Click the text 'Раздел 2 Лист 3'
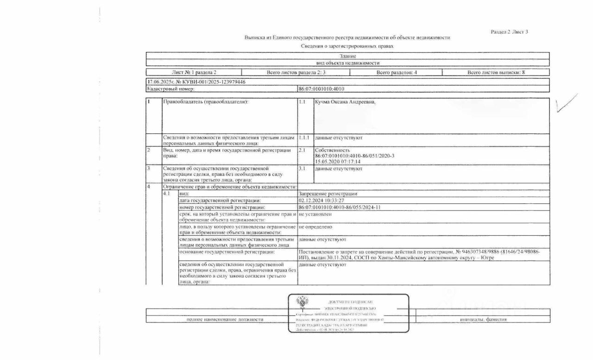(509, 32)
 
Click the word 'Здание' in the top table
(347, 56)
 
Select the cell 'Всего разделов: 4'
(397, 72)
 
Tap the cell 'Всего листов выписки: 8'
(496, 72)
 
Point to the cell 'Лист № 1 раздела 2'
(194, 72)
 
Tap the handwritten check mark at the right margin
(567, 103)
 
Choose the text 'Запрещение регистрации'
(328, 194)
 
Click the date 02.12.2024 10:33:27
(322, 200)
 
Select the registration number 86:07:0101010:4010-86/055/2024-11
(340, 207)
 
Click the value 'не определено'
(315, 227)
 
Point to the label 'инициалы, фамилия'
(483, 320)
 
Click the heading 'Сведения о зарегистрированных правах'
(347, 46)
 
